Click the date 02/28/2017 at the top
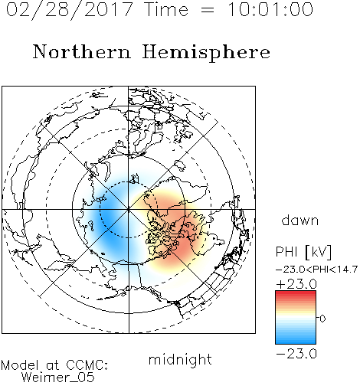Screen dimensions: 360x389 pyautogui.click(x=69, y=10)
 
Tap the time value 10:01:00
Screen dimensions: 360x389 pyautogui.click(x=270, y=10)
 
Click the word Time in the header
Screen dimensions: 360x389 pyautogui.click(x=166, y=10)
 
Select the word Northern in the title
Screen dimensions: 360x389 pyautogui.click(x=82, y=51)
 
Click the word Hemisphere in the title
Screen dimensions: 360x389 pyautogui.click(x=206, y=53)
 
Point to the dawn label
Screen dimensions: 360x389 pyautogui.click(x=300, y=220)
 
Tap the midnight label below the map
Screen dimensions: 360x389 pyautogui.click(x=180, y=361)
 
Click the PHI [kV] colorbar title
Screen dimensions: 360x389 pyautogui.click(x=303, y=252)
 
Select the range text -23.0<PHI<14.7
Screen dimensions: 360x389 pyautogui.click(x=316, y=270)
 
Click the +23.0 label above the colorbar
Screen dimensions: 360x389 pyautogui.click(x=296, y=284)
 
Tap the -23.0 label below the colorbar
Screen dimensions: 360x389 pyautogui.click(x=296, y=354)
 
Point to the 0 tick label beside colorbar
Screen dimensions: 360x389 pyautogui.click(x=322, y=319)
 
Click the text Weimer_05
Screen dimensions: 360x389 pyautogui.click(x=58, y=378)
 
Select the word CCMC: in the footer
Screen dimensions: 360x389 pyautogui.click(x=87, y=365)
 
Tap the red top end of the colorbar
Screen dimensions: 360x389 pyautogui.click(x=296, y=293)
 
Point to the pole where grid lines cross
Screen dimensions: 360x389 pyautogui.click(x=129, y=209)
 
